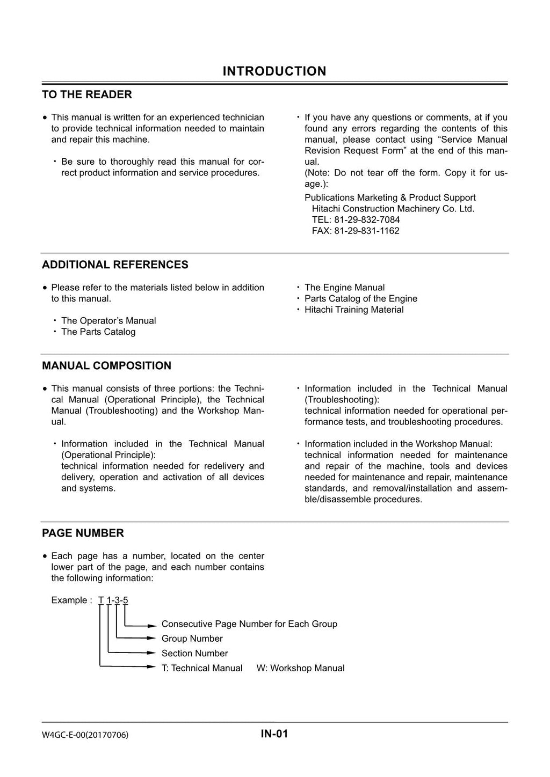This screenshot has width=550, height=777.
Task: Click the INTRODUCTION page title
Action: [x=274, y=71]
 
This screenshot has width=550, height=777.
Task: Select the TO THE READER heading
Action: [x=87, y=94]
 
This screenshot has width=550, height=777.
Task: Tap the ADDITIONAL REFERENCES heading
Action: [x=115, y=265]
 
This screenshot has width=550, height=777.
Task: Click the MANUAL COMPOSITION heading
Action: [x=106, y=365]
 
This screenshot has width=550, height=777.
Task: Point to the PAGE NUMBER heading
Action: [x=83, y=533]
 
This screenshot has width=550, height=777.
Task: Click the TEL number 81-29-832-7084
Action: [x=356, y=219]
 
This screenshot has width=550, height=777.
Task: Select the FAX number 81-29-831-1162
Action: [x=356, y=231]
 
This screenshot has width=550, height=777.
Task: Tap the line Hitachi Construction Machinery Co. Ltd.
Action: [x=393, y=209]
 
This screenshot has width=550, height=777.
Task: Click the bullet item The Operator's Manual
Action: [x=108, y=320]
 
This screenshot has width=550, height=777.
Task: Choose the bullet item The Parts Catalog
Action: [x=98, y=332]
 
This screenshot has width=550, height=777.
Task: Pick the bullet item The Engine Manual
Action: [x=344, y=287]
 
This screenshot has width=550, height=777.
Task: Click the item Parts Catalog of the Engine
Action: [x=360, y=298]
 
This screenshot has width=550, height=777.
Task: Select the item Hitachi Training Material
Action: [x=354, y=310]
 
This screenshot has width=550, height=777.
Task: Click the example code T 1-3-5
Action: [x=113, y=600]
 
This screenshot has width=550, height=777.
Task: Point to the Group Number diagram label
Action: [x=192, y=639]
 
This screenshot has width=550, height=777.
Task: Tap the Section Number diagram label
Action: [x=194, y=653]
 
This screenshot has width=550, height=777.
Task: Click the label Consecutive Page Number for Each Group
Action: [x=249, y=624]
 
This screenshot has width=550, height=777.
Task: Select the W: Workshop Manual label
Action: [x=300, y=668]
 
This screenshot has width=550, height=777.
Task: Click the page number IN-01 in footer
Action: [x=274, y=734]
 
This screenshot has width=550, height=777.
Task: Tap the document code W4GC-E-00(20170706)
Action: [x=85, y=735]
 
